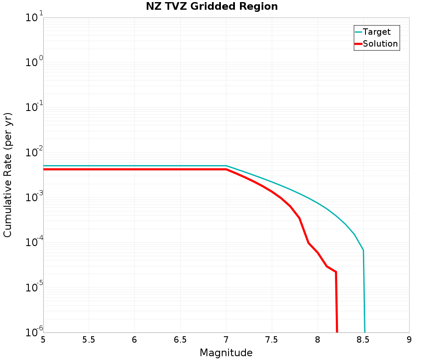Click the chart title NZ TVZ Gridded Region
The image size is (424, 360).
point(212,7)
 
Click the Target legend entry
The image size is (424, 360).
point(377,32)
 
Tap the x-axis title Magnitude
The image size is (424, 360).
point(226,353)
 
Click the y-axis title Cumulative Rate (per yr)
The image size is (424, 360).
point(8,175)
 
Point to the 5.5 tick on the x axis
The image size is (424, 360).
point(89,340)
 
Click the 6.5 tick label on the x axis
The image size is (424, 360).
point(180,340)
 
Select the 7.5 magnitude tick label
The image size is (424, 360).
point(272,340)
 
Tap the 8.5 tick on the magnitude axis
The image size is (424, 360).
point(363,340)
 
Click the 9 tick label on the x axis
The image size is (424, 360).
point(409,340)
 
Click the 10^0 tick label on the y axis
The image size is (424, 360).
point(32,63)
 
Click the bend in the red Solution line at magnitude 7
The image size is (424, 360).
point(226,169)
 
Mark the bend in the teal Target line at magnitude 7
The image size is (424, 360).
point(226,166)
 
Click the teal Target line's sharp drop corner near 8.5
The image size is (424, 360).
point(363,250)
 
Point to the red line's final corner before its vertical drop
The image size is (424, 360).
point(336,272)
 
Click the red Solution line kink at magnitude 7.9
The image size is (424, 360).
point(309,243)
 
